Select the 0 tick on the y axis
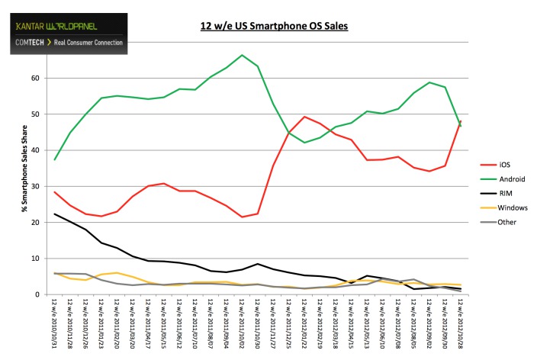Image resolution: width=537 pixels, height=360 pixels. pyautogui.click(x=37, y=294)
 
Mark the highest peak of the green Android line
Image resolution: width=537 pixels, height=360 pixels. pyautogui.click(x=242, y=55)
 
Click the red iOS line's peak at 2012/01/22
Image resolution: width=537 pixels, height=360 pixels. pyautogui.click(x=304, y=117)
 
